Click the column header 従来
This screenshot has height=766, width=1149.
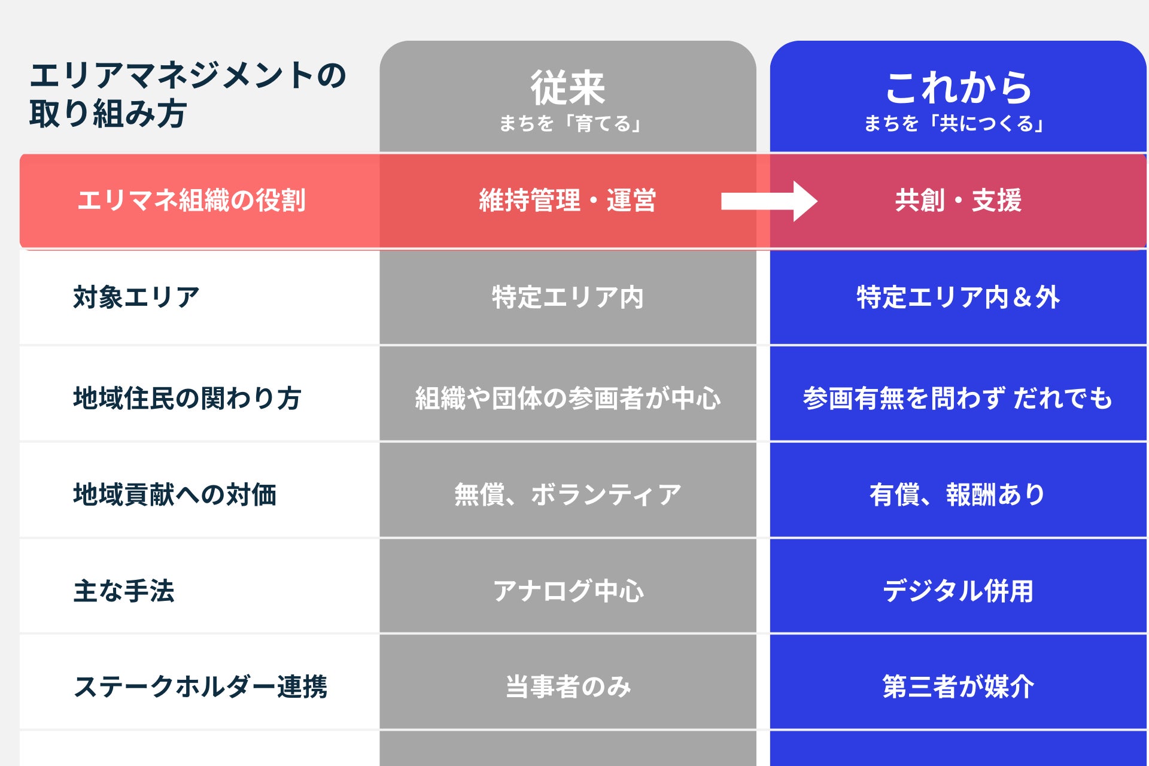click(567, 87)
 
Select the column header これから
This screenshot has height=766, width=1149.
click(958, 87)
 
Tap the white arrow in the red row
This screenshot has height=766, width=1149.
click(768, 201)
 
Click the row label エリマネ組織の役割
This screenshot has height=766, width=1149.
click(191, 200)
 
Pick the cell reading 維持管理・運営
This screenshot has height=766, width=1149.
click(567, 200)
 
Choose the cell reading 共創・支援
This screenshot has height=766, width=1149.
click(958, 200)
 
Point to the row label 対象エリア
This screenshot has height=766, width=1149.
click(136, 297)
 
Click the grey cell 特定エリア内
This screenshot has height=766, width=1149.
click(567, 297)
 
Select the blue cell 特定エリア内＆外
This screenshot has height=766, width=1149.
click(958, 297)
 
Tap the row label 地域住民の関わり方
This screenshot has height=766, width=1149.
click(187, 399)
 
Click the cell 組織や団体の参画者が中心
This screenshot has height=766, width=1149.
click(567, 399)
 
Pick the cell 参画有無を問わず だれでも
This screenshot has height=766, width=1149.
click(958, 399)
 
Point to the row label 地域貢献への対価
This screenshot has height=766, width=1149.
click(175, 495)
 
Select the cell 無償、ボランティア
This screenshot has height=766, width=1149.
click(567, 495)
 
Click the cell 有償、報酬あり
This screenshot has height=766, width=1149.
click(958, 495)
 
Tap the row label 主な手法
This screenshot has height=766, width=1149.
click(124, 591)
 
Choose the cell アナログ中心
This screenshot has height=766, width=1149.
click(567, 591)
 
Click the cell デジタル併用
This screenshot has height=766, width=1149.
click(958, 591)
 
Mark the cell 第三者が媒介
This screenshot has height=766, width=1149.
click(958, 686)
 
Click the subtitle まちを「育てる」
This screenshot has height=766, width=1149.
click(570, 124)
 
